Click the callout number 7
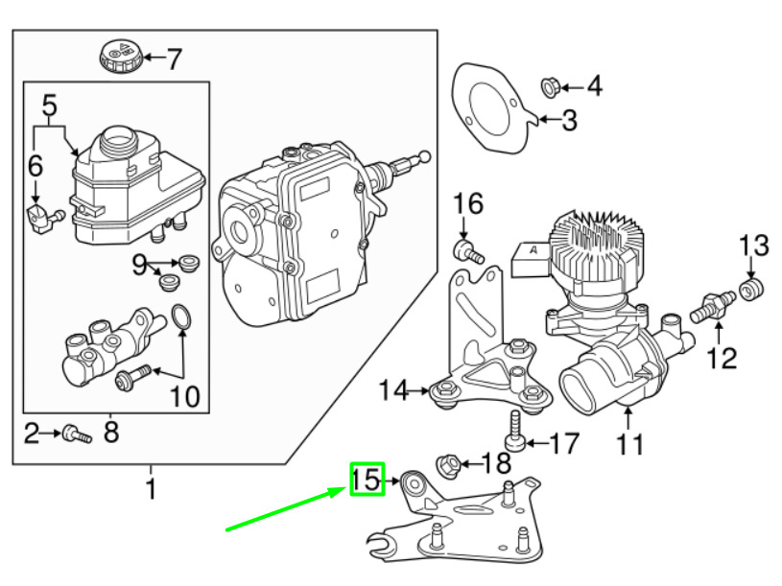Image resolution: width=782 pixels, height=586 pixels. [x=173, y=59]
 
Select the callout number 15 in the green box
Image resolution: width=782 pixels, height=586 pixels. [x=366, y=480]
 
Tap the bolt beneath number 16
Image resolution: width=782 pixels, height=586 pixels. [x=465, y=251]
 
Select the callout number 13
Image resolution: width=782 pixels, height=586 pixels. [x=754, y=245]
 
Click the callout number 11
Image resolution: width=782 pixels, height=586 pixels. [x=630, y=444]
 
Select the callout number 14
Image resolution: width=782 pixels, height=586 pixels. [x=393, y=390]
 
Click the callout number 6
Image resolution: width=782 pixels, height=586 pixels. [x=36, y=166]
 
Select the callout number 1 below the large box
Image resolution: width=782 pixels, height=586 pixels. [x=150, y=489]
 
